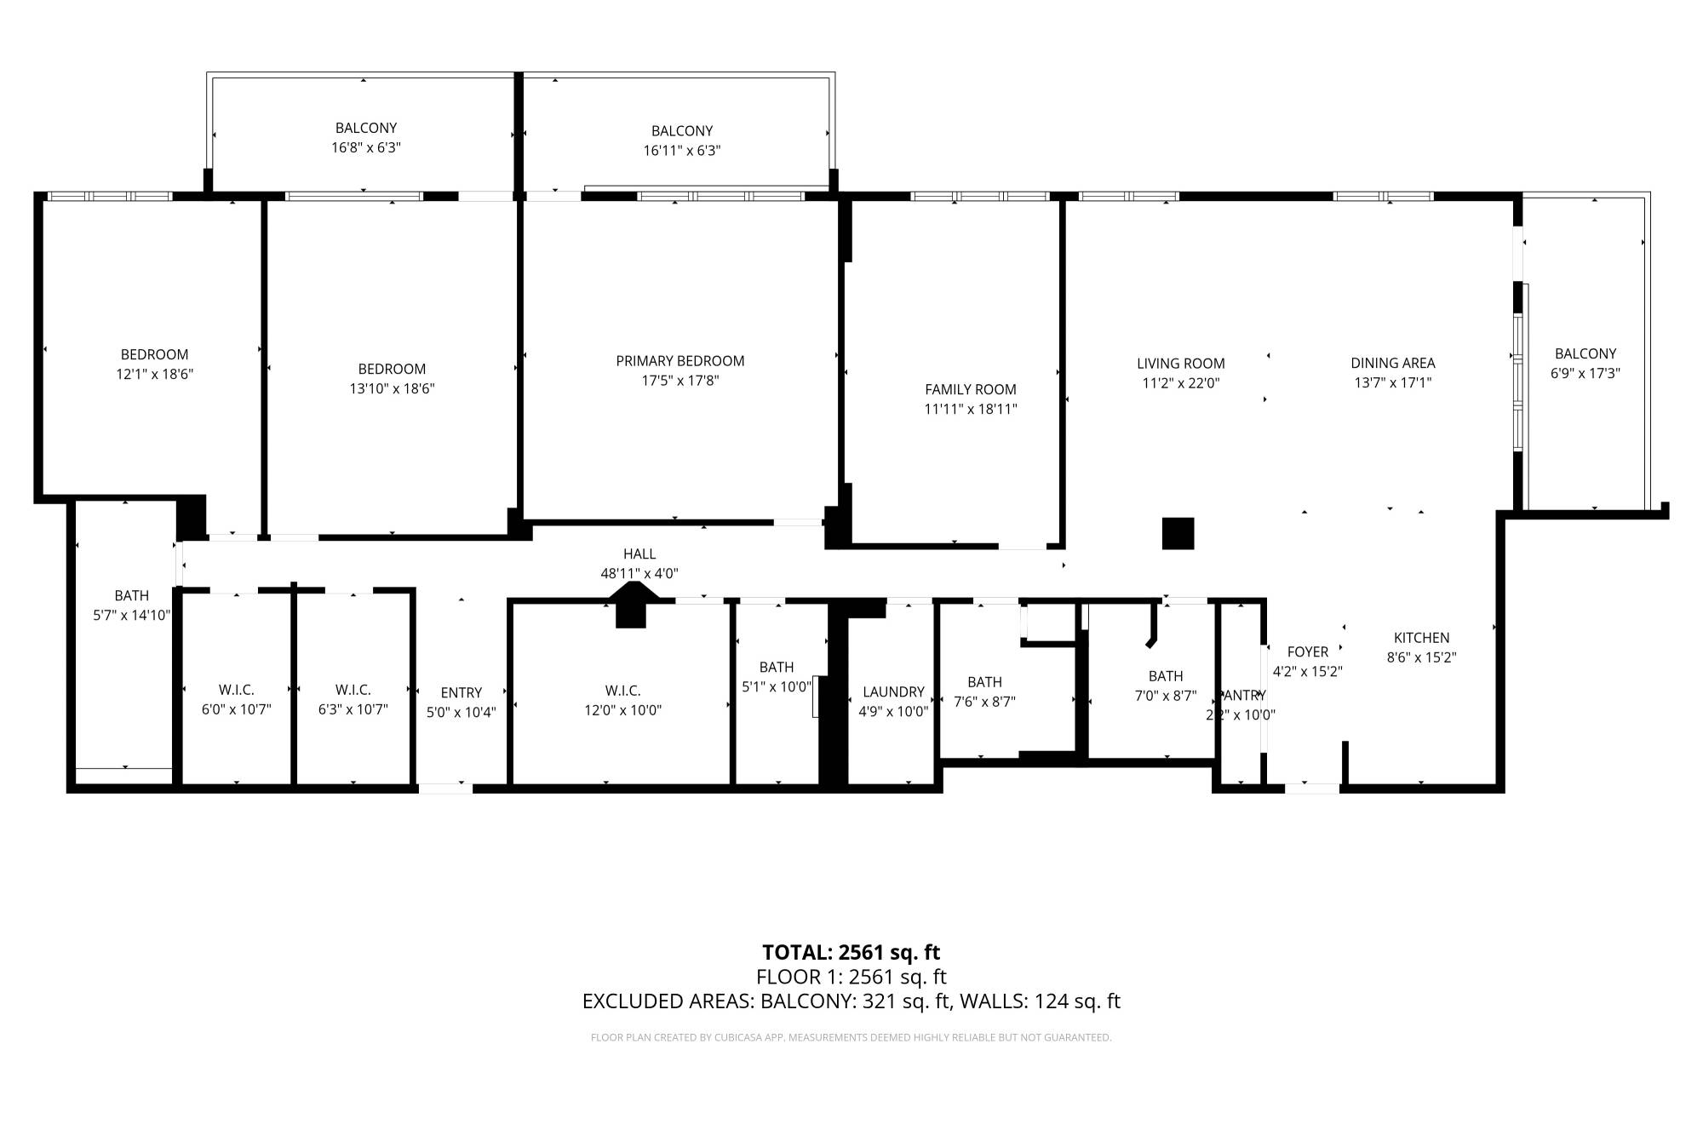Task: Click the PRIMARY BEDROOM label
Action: coord(679,361)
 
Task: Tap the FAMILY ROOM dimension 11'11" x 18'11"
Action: coord(971,409)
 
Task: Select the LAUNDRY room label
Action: coord(893,692)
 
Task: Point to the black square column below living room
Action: coord(1178,533)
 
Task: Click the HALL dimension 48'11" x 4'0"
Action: coord(639,574)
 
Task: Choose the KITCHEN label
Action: coord(1421,638)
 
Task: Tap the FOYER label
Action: coord(1307,652)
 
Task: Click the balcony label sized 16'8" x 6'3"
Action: coord(365,129)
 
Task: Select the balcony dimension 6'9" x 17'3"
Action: coord(1585,373)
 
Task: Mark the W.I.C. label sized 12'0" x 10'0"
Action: coord(622,691)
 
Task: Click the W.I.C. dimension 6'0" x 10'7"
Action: coord(236,709)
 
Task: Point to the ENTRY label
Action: coord(461,693)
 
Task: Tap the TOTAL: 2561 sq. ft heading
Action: coord(851,952)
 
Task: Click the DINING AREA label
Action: coord(1392,364)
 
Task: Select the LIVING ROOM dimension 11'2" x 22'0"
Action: coord(1180,383)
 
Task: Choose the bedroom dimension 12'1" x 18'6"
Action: coord(154,374)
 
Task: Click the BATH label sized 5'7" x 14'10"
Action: coord(131,596)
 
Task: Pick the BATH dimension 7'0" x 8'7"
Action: coord(1165,696)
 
